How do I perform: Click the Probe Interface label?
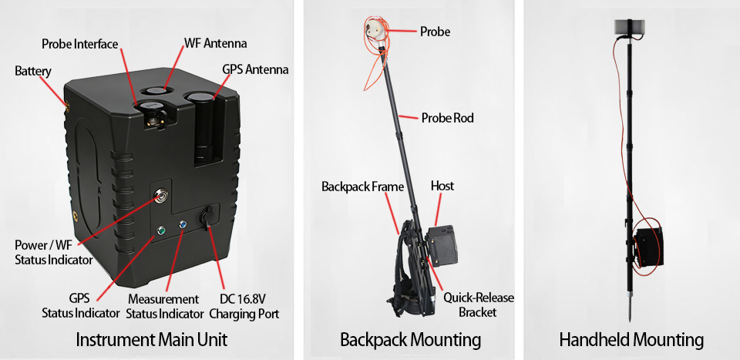[x=79, y=44]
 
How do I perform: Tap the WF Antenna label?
[x=215, y=42]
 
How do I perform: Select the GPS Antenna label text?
[x=255, y=69]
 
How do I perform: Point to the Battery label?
[x=32, y=72]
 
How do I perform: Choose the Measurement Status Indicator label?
[x=163, y=306]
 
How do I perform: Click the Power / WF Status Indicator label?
[x=54, y=252]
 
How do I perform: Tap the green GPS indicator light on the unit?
[x=161, y=230]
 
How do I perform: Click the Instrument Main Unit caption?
[x=151, y=339]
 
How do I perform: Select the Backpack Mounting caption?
[x=410, y=339]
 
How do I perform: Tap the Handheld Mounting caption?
[x=631, y=339]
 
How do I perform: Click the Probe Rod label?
[x=447, y=118]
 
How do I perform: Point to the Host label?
[x=442, y=186]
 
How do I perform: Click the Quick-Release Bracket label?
[x=478, y=305]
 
